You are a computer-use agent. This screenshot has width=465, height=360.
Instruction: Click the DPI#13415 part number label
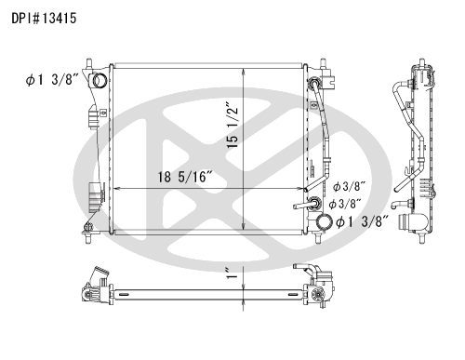pyautogui.click(x=44, y=19)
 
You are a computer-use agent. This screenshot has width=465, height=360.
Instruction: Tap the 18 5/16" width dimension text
pyautogui.click(x=185, y=177)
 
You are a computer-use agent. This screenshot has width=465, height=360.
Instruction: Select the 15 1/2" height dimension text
pyautogui.click(x=232, y=125)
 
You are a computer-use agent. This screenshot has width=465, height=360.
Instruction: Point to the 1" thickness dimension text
pyautogui.click(x=232, y=273)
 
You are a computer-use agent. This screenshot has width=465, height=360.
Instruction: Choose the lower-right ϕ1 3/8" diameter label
pyautogui.click(x=363, y=221)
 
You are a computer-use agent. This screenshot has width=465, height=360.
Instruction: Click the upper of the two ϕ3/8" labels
pyautogui.click(x=349, y=186)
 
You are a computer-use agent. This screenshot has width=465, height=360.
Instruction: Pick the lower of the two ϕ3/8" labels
pyautogui.click(x=345, y=204)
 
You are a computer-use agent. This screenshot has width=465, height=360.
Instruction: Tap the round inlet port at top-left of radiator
pyautogui.click(x=100, y=81)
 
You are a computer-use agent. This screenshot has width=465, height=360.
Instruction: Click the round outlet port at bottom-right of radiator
pyautogui.click(x=324, y=222)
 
